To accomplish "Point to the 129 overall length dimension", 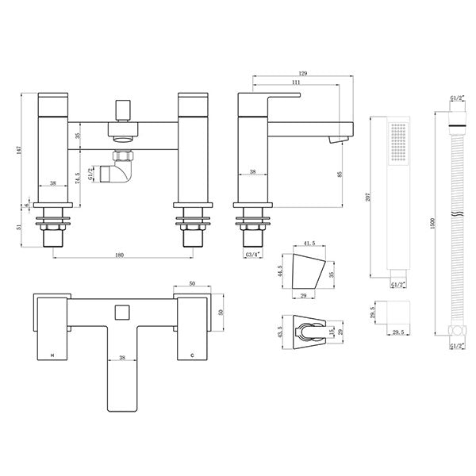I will (x=297, y=71).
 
